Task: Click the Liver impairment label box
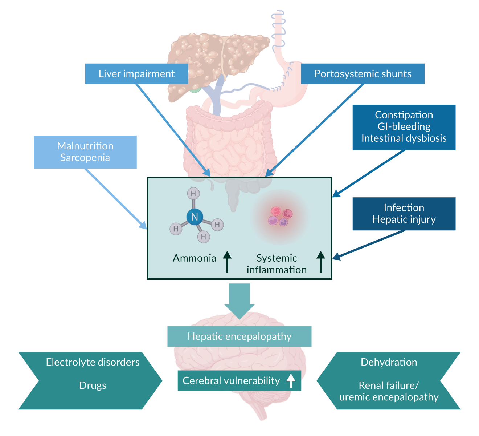tap(136, 74)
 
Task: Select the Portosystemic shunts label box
tap(363, 74)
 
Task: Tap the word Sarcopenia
tap(85, 158)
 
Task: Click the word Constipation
tap(404, 115)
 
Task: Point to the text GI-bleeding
tap(404, 127)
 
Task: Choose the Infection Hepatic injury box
tap(404, 214)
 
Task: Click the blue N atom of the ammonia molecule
tap(195, 217)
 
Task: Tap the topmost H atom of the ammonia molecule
tap(193, 194)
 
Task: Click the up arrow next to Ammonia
tap(227, 261)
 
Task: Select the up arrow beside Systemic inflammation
tap(321, 261)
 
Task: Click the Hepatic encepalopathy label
tap(239, 336)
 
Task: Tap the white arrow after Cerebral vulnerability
tap(291, 381)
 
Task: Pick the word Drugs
tap(93, 385)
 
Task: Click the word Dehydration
tap(389, 362)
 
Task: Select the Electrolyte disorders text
tap(93, 362)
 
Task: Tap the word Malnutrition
tap(85, 146)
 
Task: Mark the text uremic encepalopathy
tap(389, 397)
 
